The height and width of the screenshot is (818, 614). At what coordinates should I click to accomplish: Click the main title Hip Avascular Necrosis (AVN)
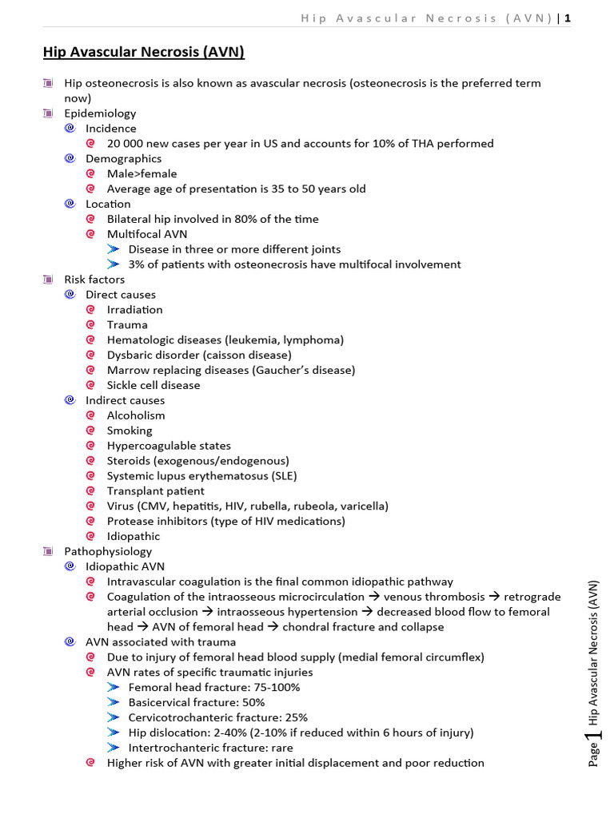(x=143, y=53)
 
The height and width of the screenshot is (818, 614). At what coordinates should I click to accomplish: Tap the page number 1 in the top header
(x=568, y=19)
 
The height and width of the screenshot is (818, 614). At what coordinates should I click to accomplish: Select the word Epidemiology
(x=100, y=113)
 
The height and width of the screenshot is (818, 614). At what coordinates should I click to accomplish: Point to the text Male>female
(x=142, y=174)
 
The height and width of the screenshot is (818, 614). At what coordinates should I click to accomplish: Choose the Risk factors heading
(x=94, y=280)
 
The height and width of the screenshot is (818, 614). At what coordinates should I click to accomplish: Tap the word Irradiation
(x=134, y=310)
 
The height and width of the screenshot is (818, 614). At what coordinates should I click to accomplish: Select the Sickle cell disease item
(x=153, y=385)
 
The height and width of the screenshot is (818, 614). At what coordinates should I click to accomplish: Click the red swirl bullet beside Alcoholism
(x=90, y=415)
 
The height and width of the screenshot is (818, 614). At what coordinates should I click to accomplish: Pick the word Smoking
(x=129, y=431)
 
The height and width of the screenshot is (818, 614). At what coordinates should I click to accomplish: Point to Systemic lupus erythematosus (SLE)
(x=201, y=476)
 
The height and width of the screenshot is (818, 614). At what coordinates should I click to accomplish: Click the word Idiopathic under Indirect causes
(x=133, y=537)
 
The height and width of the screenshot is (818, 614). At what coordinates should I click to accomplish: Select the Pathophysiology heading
(x=108, y=552)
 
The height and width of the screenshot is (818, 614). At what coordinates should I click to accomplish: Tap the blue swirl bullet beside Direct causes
(x=70, y=295)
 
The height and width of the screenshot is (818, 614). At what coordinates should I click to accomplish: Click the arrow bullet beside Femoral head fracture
(x=113, y=688)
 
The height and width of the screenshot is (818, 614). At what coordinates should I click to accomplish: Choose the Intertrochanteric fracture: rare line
(x=210, y=749)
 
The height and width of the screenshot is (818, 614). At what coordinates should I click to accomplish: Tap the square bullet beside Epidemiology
(x=48, y=113)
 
